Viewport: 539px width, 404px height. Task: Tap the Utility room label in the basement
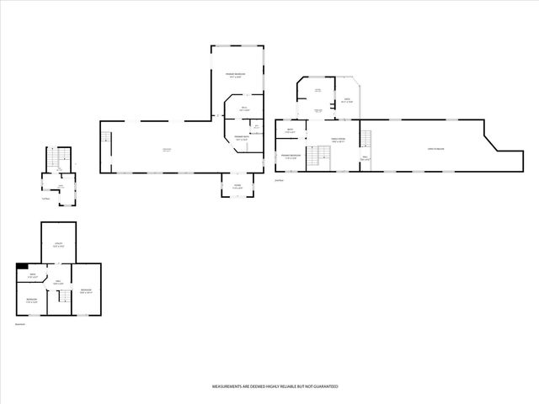coord(60,245)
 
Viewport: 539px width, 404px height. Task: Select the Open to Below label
coord(435,149)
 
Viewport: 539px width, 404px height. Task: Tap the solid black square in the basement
coord(20,268)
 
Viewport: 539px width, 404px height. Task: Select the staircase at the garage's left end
coord(107,140)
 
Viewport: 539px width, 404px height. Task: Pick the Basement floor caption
coord(21,322)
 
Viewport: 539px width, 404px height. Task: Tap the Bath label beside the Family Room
coord(289,131)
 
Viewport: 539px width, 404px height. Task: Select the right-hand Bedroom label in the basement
coord(86,290)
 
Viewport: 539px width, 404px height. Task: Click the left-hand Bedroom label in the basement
coord(30,300)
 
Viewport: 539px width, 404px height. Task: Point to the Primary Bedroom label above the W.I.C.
coord(235,77)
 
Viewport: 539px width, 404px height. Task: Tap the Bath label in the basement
coord(32,275)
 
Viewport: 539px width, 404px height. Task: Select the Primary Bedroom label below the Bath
coord(291,157)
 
